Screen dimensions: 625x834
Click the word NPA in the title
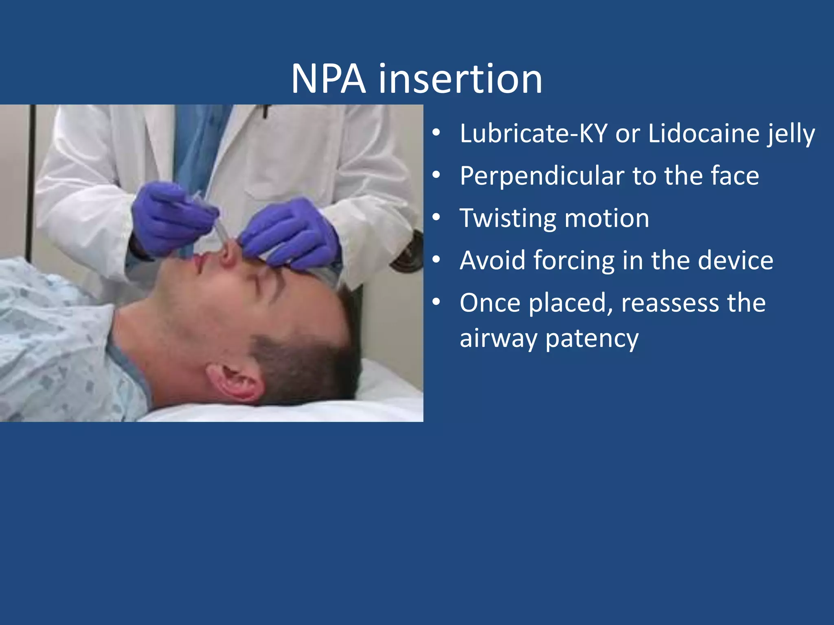(x=328, y=79)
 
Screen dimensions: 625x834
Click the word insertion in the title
(x=461, y=79)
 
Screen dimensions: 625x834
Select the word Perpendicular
(x=542, y=176)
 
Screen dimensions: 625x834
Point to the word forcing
(x=575, y=260)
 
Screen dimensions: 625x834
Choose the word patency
(x=592, y=339)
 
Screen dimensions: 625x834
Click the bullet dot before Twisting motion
(x=436, y=218)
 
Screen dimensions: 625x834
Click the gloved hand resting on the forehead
(x=293, y=236)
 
